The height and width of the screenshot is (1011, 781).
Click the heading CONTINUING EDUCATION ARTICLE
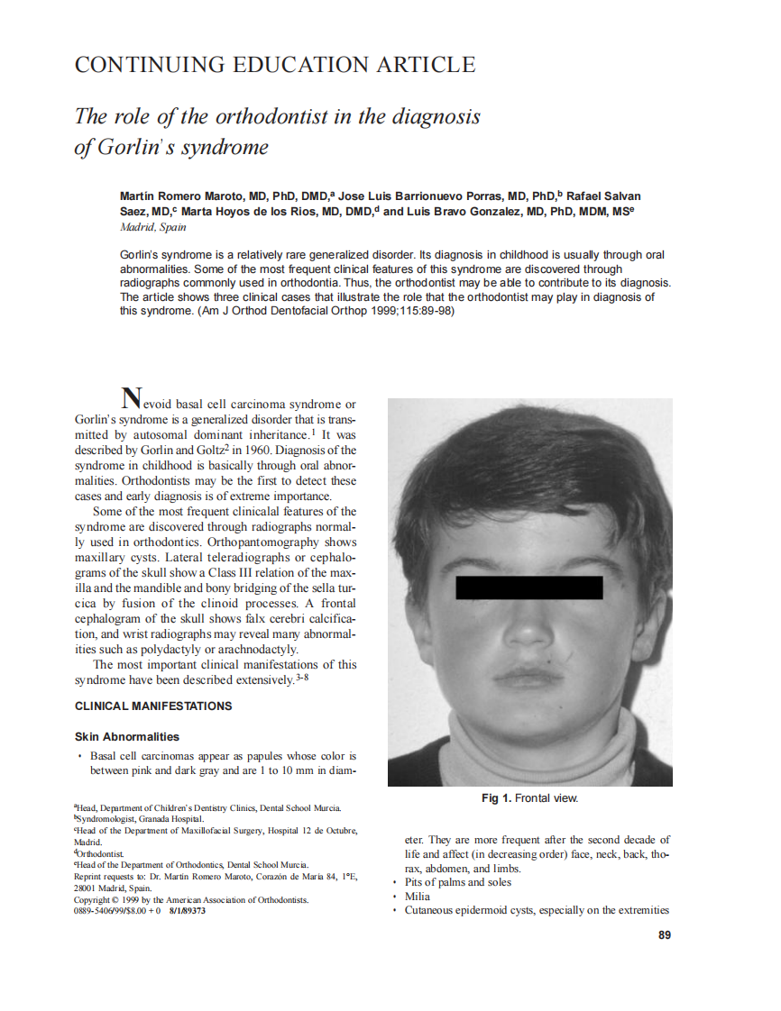[x=274, y=65]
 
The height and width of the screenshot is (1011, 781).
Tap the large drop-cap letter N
[x=132, y=397]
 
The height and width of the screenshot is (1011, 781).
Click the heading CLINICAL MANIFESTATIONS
[x=153, y=706]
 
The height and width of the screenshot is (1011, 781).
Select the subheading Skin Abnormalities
[x=127, y=736]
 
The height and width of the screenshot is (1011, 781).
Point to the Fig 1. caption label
[x=497, y=798]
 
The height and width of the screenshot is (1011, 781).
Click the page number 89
[x=665, y=935]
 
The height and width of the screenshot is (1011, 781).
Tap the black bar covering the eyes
[x=529, y=587]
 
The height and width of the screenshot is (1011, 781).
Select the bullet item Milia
[x=418, y=897]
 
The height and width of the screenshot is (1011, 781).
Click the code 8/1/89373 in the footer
[x=187, y=911]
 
